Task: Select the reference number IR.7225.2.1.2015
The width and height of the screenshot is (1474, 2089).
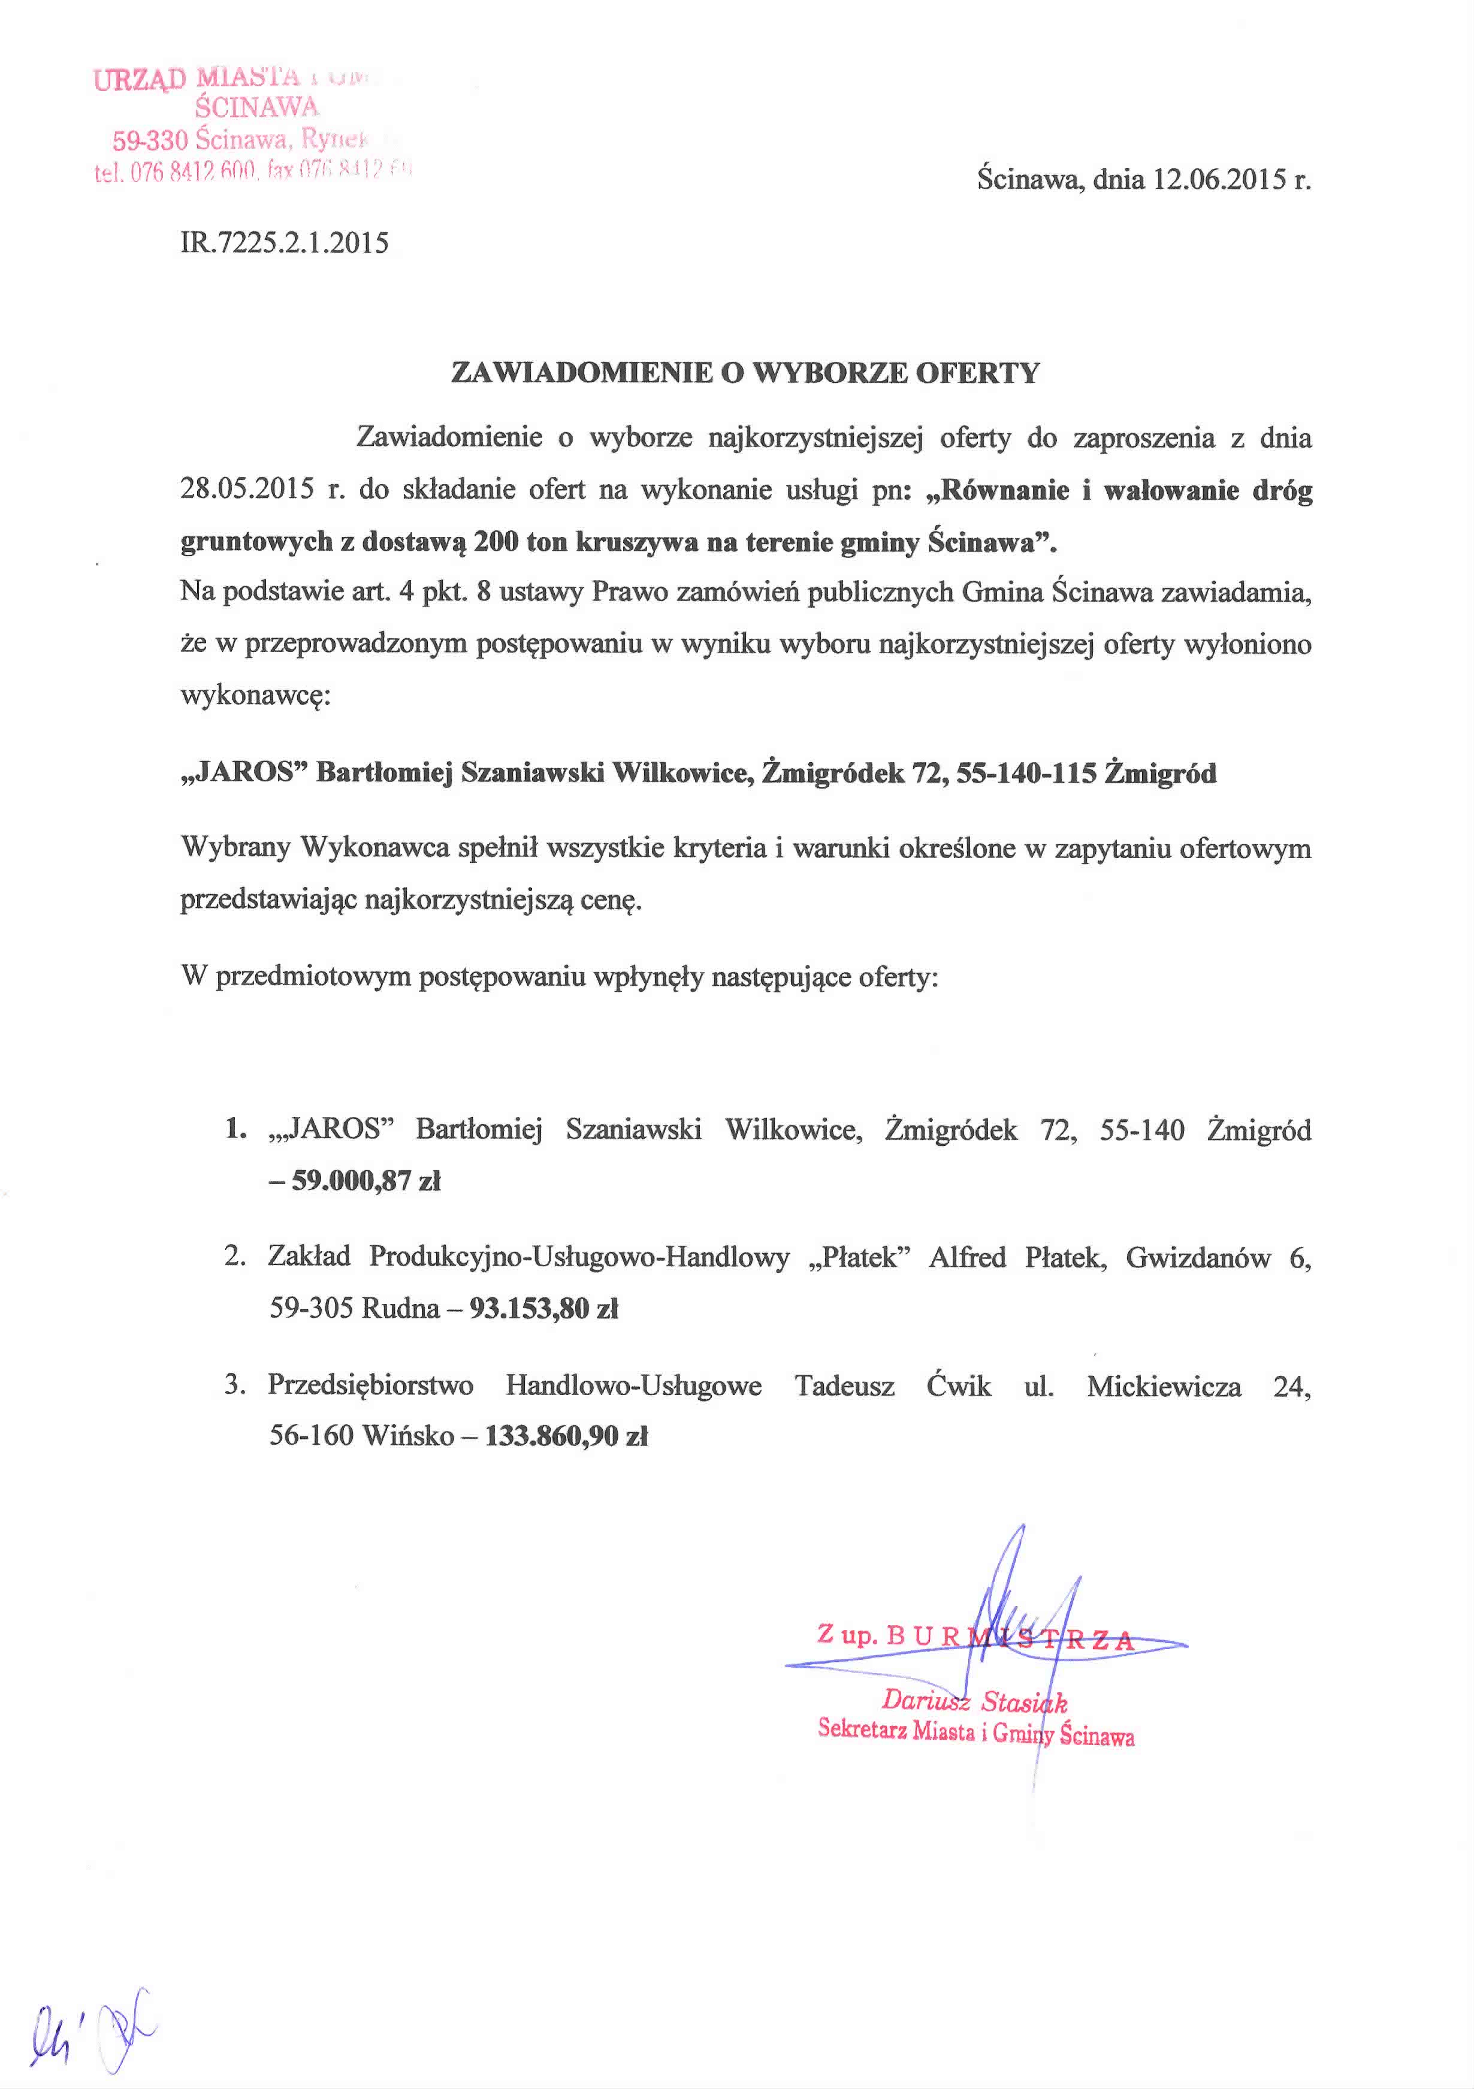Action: (x=285, y=243)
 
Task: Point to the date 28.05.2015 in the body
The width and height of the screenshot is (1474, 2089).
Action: (x=247, y=490)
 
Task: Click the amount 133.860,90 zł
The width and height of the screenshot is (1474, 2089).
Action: (x=567, y=1436)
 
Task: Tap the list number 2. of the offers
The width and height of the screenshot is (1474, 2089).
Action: (x=235, y=1257)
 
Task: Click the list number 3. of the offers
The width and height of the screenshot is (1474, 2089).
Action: (x=235, y=1385)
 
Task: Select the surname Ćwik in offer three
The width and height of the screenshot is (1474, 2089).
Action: (x=958, y=1385)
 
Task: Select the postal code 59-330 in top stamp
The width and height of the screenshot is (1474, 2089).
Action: (x=150, y=141)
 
